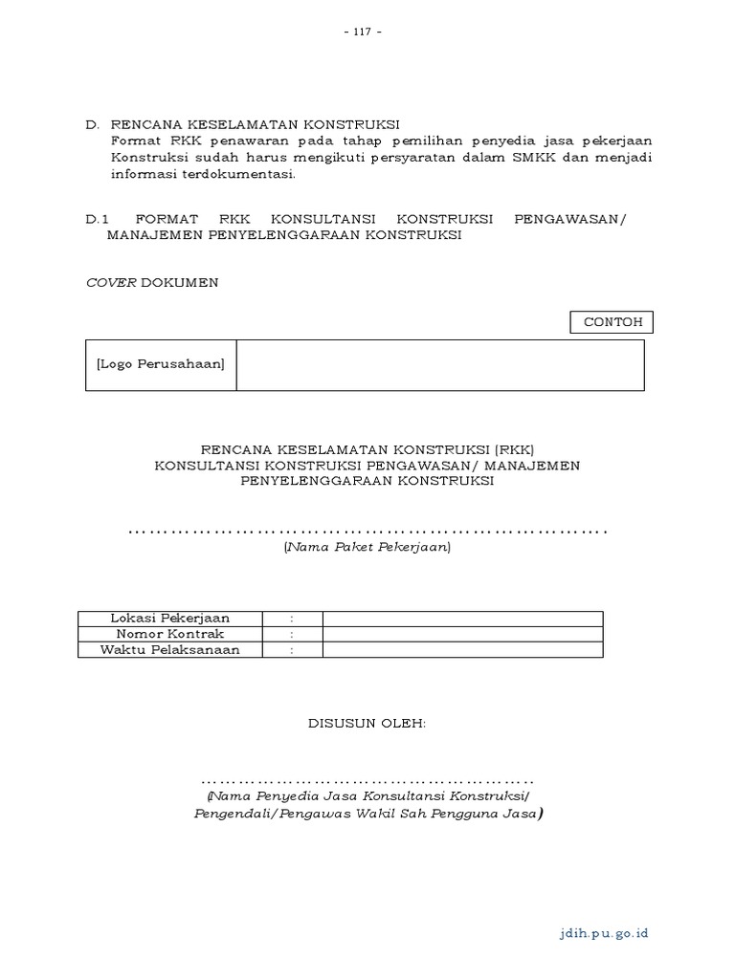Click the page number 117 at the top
tap(367, 32)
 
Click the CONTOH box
tap(612, 322)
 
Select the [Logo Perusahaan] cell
tap(161, 364)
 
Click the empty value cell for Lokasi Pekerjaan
tap(462, 619)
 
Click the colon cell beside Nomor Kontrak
tap(292, 634)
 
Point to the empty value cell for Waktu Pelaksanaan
tap(462, 650)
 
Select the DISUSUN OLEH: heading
tap(367, 724)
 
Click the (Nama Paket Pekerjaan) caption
tap(367, 548)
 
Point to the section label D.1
tap(100, 219)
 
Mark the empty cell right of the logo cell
tap(440, 364)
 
